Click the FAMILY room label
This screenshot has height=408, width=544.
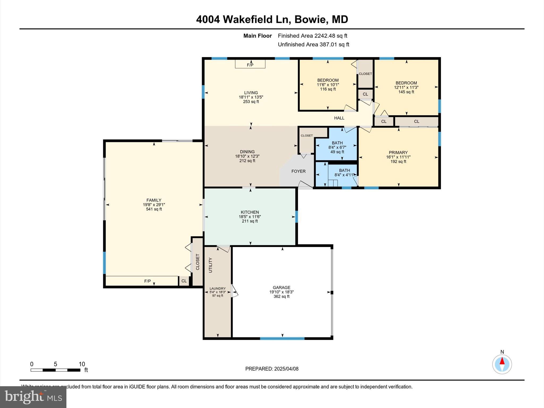(154, 200)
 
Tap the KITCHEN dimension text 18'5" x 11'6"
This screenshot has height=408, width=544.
(250, 217)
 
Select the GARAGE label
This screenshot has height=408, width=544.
(282, 287)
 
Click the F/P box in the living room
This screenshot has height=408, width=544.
(250, 64)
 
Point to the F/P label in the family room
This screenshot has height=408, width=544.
(147, 281)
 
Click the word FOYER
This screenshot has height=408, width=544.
(298, 171)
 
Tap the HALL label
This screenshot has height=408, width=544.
(339, 118)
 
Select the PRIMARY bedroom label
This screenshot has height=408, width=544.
(398, 152)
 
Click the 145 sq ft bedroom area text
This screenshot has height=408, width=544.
(406, 92)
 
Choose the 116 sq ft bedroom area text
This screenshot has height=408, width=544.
(328, 89)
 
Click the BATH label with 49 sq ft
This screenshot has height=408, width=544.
(337, 143)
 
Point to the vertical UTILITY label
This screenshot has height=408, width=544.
(211, 265)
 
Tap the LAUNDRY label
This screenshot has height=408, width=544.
(218, 288)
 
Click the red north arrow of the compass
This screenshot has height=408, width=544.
(502, 361)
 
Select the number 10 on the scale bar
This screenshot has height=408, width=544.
(82, 364)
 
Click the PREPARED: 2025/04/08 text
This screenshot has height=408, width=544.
(272, 369)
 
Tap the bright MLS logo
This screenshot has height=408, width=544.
(33, 397)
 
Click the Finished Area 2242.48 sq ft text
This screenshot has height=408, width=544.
(312, 36)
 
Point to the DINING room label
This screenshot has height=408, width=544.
(247, 152)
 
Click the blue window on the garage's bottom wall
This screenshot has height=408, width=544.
(282, 338)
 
